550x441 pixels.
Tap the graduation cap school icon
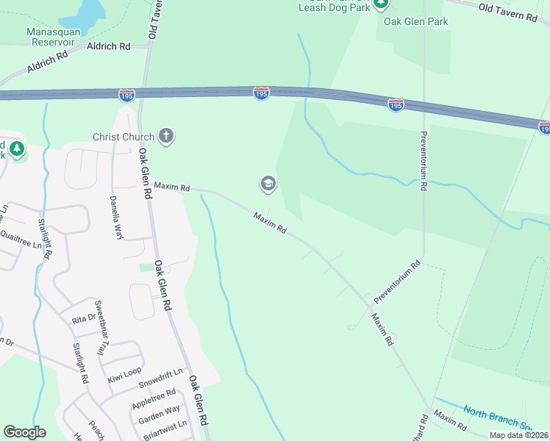[x=268, y=184]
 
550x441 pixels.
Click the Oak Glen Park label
[x=415, y=22]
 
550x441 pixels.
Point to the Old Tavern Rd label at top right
[x=507, y=11]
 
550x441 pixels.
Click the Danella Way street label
[x=115, y=209]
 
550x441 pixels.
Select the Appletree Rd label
[x=154, y=399]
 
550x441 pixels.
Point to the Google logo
[x=24, y=431]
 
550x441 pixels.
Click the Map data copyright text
[x=518, y=435]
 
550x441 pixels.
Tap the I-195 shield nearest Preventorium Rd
[x=396, y=105]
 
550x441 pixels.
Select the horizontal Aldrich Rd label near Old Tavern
[x=108, y=46]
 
